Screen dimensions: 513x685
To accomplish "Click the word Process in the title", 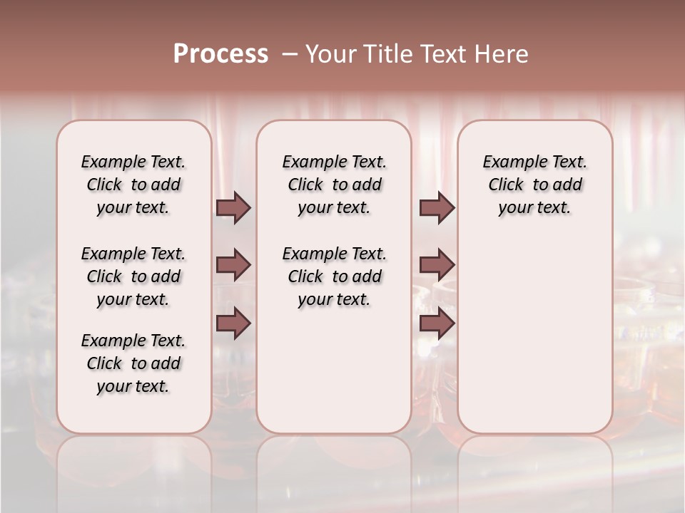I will (x=220, y=54).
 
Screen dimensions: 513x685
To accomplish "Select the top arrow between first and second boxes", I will (x=233, y=207).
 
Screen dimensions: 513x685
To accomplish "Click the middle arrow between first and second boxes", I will (x=233, y=265).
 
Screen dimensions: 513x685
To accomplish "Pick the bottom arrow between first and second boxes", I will (x=233, y=323).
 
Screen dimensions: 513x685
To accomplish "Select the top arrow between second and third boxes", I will (x=437, y=207).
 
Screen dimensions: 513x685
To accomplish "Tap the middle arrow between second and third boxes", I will (x=437, y=265).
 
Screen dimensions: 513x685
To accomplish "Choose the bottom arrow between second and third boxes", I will (x=437, y=323).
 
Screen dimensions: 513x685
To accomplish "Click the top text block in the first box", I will (x=133, y=185).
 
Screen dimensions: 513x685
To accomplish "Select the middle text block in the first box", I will (x=133, y=276).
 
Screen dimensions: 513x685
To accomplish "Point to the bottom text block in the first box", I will (x=133, y=363).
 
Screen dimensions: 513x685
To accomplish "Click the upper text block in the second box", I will (x=334, y=185).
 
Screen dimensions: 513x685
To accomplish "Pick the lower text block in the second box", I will (x=334, y=276).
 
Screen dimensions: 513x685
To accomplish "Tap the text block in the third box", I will (x=535, y=185).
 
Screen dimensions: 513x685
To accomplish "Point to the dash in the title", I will (x=289, y=54).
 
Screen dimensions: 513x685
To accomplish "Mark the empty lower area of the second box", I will (x=334, y=370).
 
